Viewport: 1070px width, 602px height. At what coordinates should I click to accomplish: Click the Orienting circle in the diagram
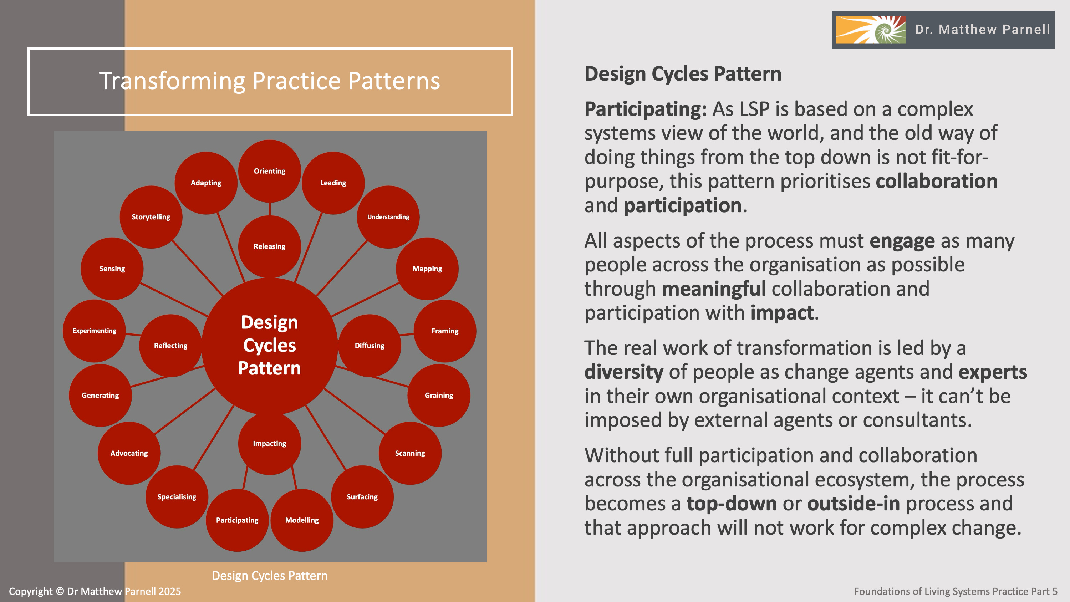pyautogui.click(x=270, y=171)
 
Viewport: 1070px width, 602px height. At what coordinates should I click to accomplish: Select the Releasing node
pyautogui.click(x=270, y=246)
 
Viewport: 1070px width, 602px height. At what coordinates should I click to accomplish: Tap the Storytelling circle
pyautogui.click(x=151, y=217)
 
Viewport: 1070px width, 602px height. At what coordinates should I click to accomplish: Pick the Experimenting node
pyautogui.click(x=94, y=331)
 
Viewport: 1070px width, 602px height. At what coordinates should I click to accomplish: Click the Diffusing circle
pyautogui.click(x=369, y=345)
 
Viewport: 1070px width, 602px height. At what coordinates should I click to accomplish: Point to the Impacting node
pyautogui.click(x=270, y=443)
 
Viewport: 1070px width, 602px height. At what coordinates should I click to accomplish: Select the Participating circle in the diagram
pyautogui.click(x=237, y=520)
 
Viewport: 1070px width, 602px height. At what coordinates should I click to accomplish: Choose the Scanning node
pyautogui.click(x=410, y=453)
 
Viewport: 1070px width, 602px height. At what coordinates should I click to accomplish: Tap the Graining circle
pyautogui.click(x=439, y=395)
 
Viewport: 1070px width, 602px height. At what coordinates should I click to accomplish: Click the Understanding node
pyautogui.click(x=388, y=217)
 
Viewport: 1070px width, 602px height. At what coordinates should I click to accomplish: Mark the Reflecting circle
pyautogui.click(x=170, y=345)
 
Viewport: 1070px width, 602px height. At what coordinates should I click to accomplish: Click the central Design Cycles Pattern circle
pyautogui.click(x=270, y=345)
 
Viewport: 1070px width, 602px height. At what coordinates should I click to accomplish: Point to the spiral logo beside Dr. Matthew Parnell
pyautogui.click(x=871, y=30)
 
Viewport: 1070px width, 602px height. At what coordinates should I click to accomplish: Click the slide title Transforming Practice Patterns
pyautogui.click(x=270, y=81)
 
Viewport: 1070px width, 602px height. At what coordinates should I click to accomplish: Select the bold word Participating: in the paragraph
pyautogui.click(x=645, y=109)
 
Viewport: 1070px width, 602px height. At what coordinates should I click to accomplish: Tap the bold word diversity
pyautogui.click(x=623, y=372)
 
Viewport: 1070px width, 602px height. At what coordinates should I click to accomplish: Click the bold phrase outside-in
pyautogui.click(x=853, y=504)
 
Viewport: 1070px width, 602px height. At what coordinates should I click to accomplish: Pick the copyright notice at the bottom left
pyautogui.click(x=95, y=591)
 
